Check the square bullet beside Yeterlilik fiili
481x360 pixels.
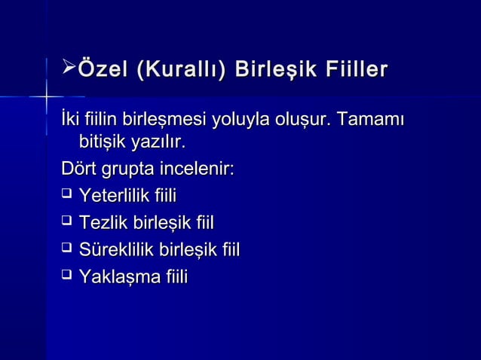[66, 197]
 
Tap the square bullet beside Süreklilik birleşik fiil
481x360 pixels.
[66, 249]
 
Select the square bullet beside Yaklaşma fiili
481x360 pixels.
[66, 276]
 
